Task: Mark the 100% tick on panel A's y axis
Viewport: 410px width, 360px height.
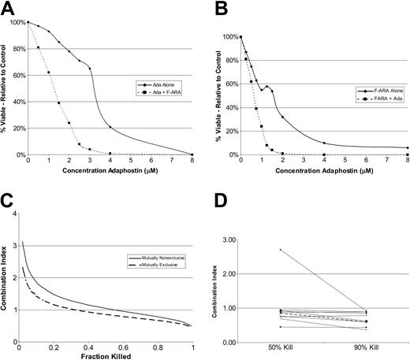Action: (x=16, y=22)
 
